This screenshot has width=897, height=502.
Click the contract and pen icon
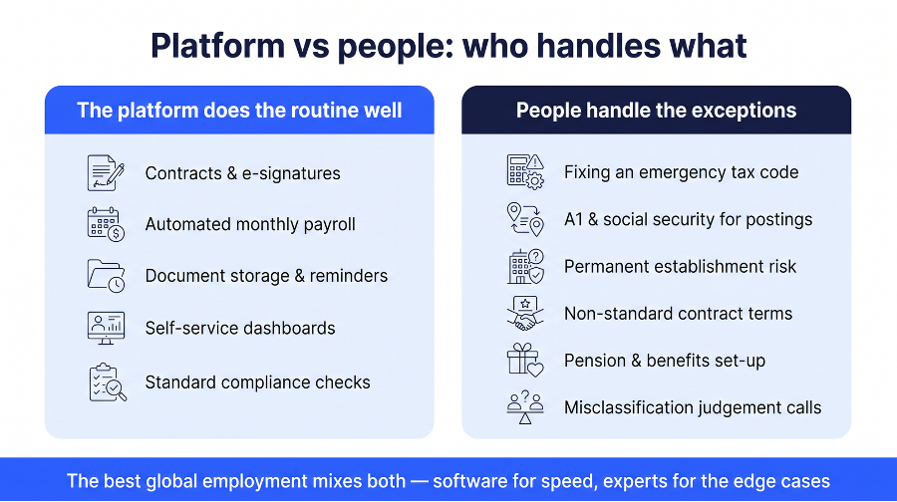pyautogui.click(x=106, y=172)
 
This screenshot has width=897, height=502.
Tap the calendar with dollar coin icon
pyautogui.click(x=106, y=224)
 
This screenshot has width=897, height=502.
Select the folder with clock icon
pyautogui.click(x=106, y=276)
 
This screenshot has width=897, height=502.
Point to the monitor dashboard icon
pyautogui.click(x=106, y=328)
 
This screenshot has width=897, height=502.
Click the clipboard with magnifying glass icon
pyautogui.click(x=108, y=381)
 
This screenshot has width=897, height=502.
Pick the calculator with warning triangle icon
pyautogui.click(x=525, y=171)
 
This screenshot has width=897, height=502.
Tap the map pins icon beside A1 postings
pyautogui.click(x=525, y=219)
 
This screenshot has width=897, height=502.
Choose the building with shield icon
pyautogui.click(x=525, y=266)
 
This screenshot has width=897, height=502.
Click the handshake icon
pyautogui.click(x=525, y=314)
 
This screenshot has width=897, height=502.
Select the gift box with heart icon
pyautogui.click(x=525, y=361)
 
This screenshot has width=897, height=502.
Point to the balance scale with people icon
pyautogui.click(x=525, y=407)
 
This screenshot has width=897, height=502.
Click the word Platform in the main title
pyautogui.click(x=217, y=46)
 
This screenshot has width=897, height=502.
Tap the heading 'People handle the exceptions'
pyautogui.click(x=656, y=111)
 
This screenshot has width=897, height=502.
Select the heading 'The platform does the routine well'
pyautogui.click(x=239, y=111)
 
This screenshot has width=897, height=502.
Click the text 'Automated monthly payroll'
pyautogui.click(x=250, y=224)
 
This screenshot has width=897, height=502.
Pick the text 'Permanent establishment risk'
pyautogui.click(x=680, y=266)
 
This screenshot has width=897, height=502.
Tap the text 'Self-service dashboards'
pyautogui.click(x=240, y=328)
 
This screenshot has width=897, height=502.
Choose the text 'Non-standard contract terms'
pyautogui.click(x=679, y=314)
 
